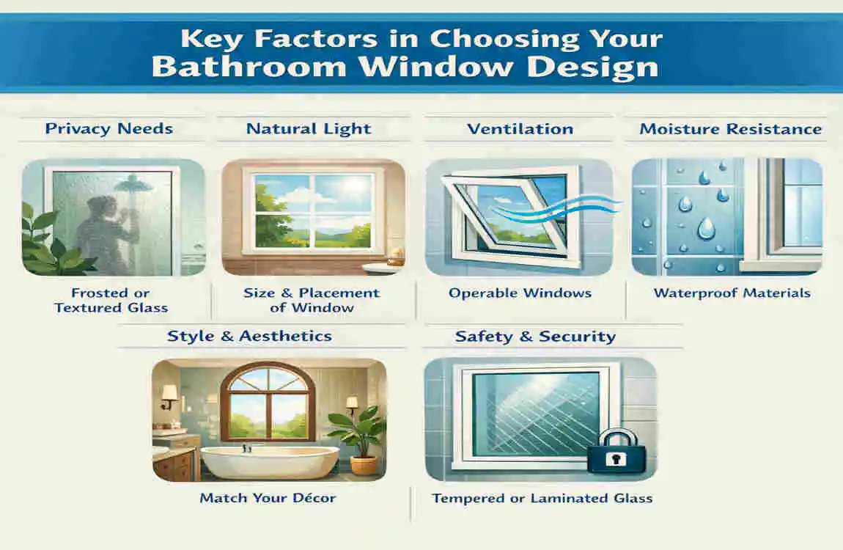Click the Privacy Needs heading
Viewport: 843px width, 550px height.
pyautogui.click(x=108, y=129)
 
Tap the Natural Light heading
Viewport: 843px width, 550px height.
pyautogui.click(x=309, y=129)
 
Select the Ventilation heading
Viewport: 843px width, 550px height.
pyautogui.click(x=520, y=129)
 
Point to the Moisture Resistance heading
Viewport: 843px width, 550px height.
pyautogui.click(x=730, y=129)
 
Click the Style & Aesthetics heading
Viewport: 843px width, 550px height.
pyautogui.click(x=249, y=337)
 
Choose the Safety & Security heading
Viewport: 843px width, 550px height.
pyautogui.click(x=535, y=337)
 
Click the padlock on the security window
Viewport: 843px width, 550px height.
pyautogui.click(x=616, y=451)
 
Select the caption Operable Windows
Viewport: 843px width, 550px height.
pyautogui.click(x=520, y=293)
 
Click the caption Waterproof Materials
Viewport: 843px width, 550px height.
pyautogui.click(x=732, y=293)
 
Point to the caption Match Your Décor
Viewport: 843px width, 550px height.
pyautogui.click(x=268, y=498)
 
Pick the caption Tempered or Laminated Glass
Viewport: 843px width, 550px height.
pyautogui.click(x=542, y=499)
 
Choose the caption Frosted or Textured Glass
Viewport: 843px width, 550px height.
pyautogui.click(x=111, y=301)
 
